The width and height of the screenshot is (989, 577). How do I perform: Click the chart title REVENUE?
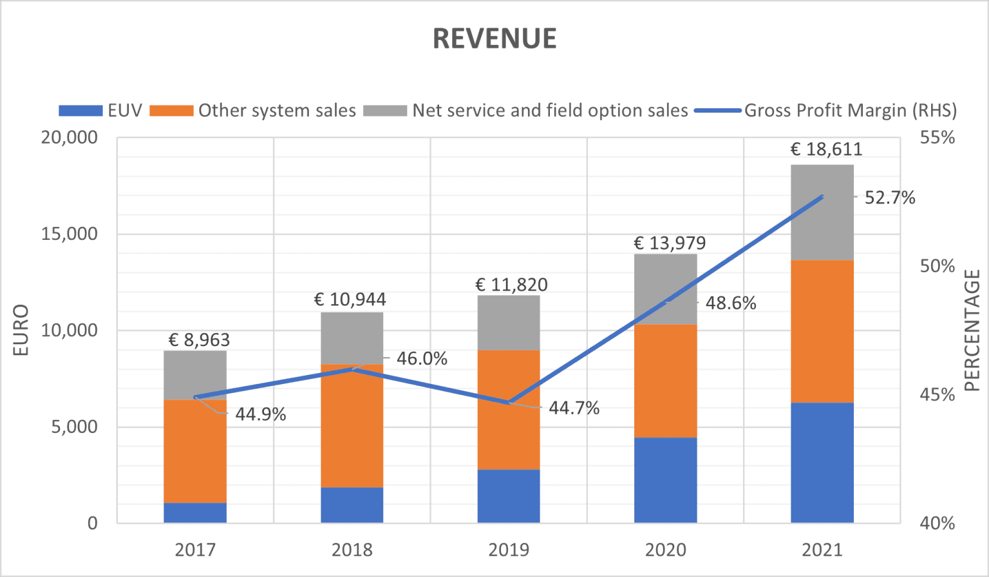(x=494, y=39)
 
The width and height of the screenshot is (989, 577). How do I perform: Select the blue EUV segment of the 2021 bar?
(x=822, y=463)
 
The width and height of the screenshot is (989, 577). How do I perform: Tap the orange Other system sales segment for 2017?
(x=195, y=452)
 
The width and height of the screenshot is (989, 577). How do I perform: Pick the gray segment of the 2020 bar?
(x=665, y=289)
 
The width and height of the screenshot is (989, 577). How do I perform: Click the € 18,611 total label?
(x=826, y=149)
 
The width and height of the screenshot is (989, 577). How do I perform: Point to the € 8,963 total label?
(x=199, y=340)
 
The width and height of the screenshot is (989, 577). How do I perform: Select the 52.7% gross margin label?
(x=890, y=197)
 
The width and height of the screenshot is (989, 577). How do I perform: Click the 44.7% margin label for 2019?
(x=574, y=408)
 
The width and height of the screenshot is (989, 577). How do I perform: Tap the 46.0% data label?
(x=422, y=359)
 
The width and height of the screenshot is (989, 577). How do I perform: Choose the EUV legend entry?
(x=100, y=110)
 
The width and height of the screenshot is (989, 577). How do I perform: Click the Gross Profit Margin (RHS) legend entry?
(x=825, y=110)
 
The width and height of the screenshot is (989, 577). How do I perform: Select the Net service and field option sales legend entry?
(x=525, y=110)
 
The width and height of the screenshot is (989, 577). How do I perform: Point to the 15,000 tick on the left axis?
(x=69, y=234)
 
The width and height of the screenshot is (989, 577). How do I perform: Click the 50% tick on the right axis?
(x=937, y=266)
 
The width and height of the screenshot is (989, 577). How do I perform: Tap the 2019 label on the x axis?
(x=509, y=550)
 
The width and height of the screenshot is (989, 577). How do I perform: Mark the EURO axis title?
(x=21, y=330)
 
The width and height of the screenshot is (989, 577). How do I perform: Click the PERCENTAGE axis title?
(x=972, y=331)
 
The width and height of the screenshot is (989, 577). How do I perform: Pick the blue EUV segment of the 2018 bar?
(x=352, y=505)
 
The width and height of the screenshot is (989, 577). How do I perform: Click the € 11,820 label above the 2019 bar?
(x=511, y=284)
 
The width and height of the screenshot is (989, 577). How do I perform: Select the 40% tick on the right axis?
(x=937, y=524)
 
